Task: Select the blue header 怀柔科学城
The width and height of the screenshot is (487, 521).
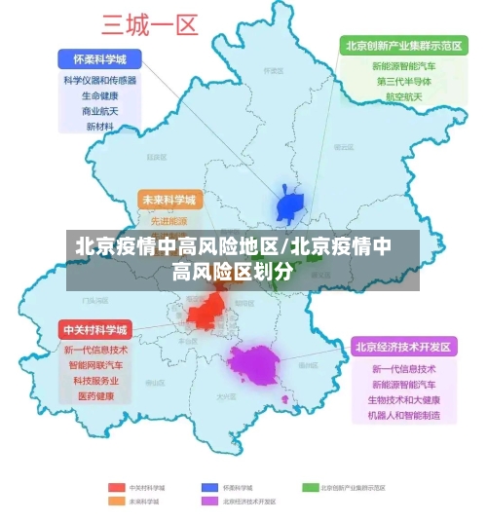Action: point(99,58)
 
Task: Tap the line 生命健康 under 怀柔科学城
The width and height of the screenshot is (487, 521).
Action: point(99,95)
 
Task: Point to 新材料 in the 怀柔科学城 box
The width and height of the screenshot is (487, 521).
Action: point(99,127)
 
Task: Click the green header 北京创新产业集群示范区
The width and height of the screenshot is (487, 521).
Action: point(403,45)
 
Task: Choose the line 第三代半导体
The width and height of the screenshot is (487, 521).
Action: point(403,82)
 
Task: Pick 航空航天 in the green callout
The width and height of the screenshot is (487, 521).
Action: point(403,97)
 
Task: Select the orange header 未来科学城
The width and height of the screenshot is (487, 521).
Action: point(169,201)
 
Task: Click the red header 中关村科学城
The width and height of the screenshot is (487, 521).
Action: point(95,329)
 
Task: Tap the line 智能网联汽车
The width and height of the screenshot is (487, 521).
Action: point(95,365)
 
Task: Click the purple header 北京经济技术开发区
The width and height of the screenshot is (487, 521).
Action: point(403,347)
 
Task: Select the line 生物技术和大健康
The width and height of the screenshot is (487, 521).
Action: point(403,400)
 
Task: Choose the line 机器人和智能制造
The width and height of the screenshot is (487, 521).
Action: point(403,416)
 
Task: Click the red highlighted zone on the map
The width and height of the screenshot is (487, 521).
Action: point(206,312)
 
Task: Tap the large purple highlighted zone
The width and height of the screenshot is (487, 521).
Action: point(255,365)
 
